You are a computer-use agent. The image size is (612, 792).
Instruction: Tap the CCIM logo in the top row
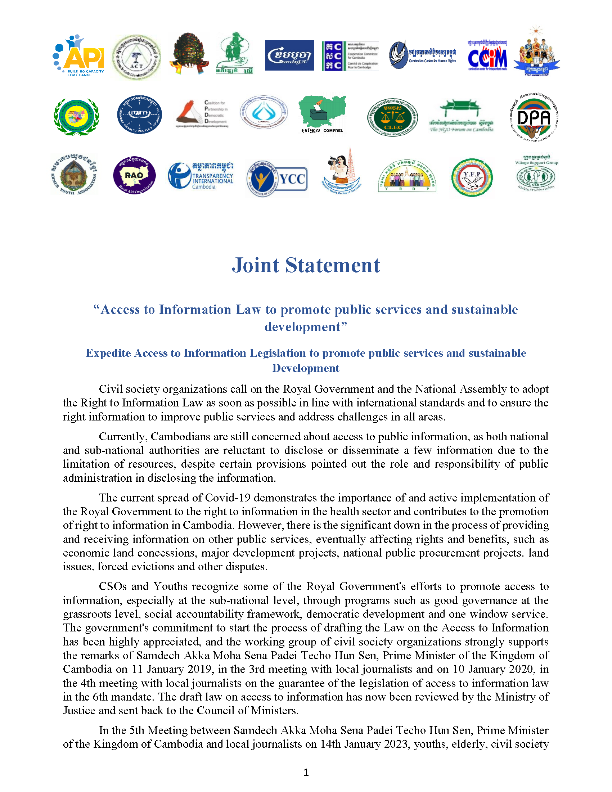[487, 55]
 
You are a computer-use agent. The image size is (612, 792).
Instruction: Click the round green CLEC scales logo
[393, 117]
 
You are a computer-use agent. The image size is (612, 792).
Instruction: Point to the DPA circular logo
[534, 117]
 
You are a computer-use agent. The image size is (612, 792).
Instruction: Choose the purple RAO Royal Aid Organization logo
[134, 175]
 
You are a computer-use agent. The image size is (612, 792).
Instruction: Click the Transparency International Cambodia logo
[201, 176]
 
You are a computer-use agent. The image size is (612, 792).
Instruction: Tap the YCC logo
[277, 179]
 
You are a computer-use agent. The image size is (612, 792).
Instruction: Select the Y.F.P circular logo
[472, 177]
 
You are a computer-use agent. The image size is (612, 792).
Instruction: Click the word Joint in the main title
[255, 265]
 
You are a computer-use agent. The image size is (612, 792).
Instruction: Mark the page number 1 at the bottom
[306, 773]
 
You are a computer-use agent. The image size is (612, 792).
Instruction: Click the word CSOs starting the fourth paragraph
[113, 586]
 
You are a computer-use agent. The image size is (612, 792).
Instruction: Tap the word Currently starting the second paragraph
[123, 437]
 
